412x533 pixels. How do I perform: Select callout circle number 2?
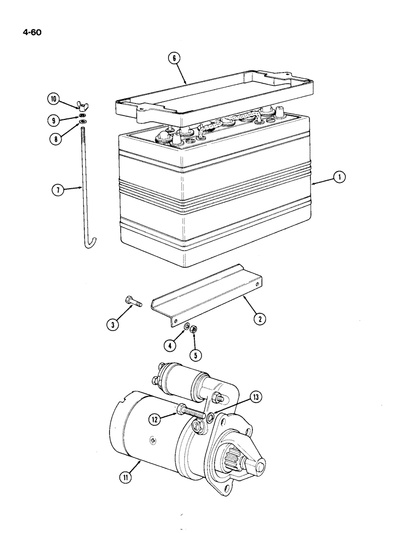point(260,320)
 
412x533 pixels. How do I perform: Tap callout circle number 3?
point(113,324)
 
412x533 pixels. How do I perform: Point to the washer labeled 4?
point(186,326)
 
